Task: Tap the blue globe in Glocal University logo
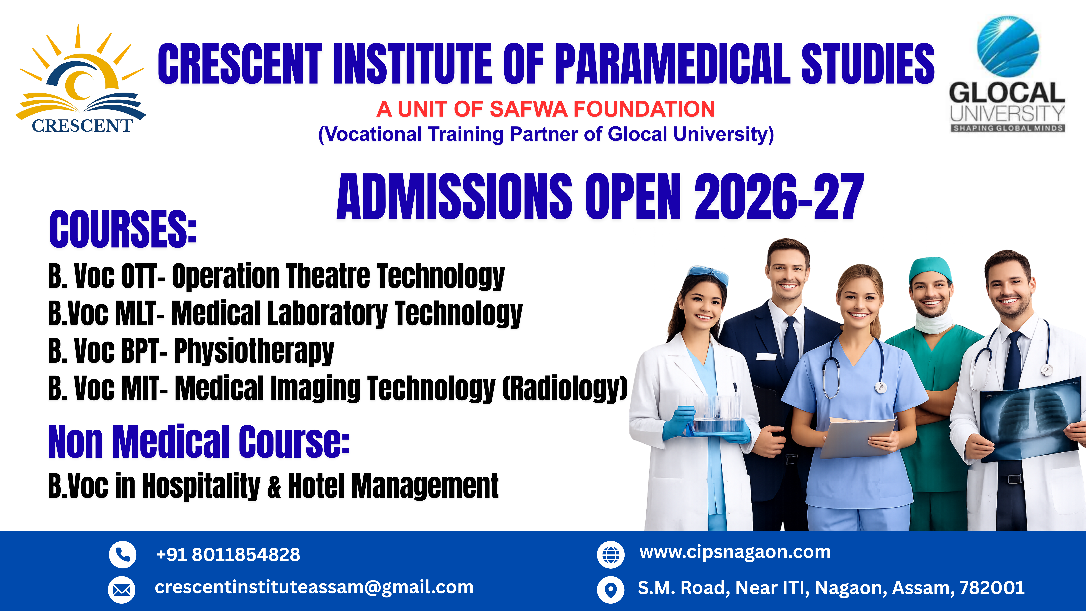point(1008,46)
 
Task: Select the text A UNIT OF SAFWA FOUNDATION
point(545,109)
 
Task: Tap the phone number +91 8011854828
point(228,555)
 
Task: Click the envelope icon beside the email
point(122,590)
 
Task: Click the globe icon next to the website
point(611,555)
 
